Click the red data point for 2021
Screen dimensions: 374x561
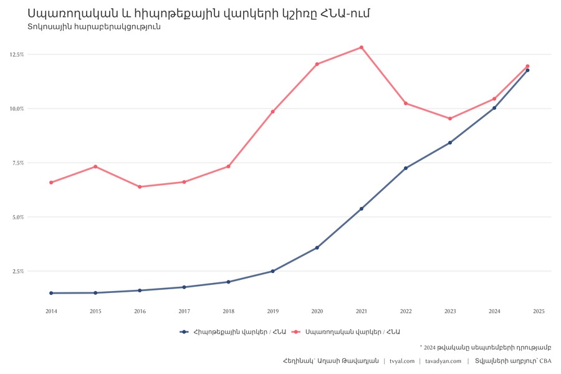click(x=362, y=47)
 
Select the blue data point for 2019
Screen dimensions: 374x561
click(x=272, y=271)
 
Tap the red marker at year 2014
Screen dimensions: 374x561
click(x=51, y=183)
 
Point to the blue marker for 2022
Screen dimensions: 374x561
click(x=406, y=168)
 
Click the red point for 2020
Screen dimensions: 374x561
click(x=317, y=64)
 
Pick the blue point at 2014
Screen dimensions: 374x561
click(x=51, y=293)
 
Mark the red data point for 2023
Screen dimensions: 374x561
click(x=450, y=118)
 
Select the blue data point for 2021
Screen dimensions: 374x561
click(x=362, y=209)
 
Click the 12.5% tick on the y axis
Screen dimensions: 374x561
click(x=17, y=55)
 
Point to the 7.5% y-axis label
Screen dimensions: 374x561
click(x=17, y=163)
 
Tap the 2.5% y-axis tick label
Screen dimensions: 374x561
click(x=17, y=271)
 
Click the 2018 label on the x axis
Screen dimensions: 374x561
click(x=229, y=311)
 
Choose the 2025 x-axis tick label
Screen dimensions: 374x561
click(x=539, y=311)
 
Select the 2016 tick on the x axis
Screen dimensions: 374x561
click(x=140, y=311)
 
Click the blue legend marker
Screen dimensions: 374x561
click(x=184, y=332)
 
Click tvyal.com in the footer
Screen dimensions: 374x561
click(x=402, y=361)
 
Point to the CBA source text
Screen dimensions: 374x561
click(x=545, y=361)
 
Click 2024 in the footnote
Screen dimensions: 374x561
click(x=429, y=347)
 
